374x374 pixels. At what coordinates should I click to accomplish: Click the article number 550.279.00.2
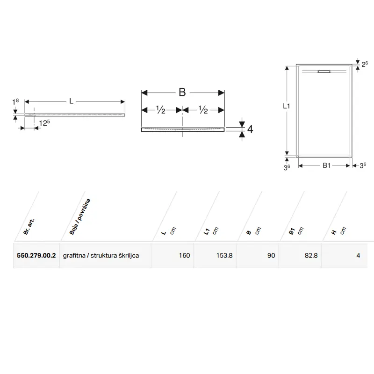point(36,255)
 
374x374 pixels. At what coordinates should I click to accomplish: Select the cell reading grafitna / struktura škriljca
point(101,256)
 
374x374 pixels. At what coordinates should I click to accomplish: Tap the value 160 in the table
point(184,255)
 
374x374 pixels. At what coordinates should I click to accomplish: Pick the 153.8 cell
point(224,255)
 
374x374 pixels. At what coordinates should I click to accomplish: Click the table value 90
point(271,255)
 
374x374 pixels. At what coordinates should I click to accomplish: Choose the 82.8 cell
point(311,255)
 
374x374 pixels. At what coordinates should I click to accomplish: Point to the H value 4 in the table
point(358,255)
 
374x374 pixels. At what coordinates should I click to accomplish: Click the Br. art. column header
point(29,226)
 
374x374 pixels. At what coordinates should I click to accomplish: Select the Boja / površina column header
point(80,216)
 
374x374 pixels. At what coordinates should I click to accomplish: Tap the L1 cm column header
point(211,231)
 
